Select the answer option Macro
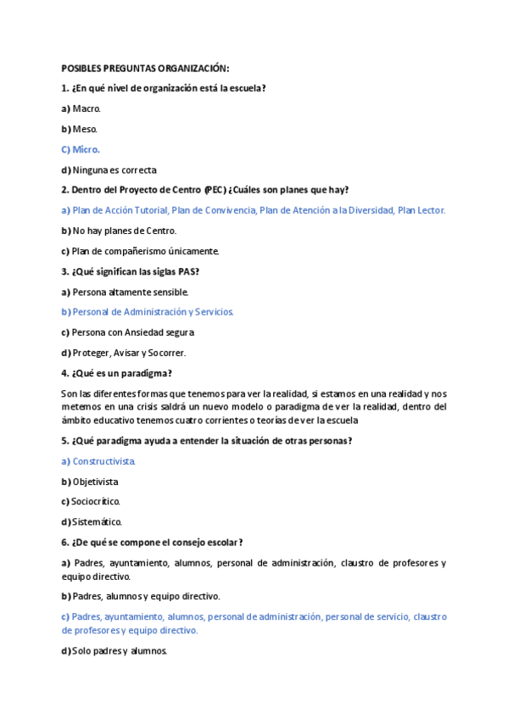[87, 109]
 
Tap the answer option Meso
[85, 129]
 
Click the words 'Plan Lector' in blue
[421, 210]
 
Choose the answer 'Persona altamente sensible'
[125, 292]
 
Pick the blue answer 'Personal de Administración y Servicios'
[153, 312]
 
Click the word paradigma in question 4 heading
[146, 373]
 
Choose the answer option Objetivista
[95, 482]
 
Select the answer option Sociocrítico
[97, 502]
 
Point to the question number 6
[65, 543]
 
